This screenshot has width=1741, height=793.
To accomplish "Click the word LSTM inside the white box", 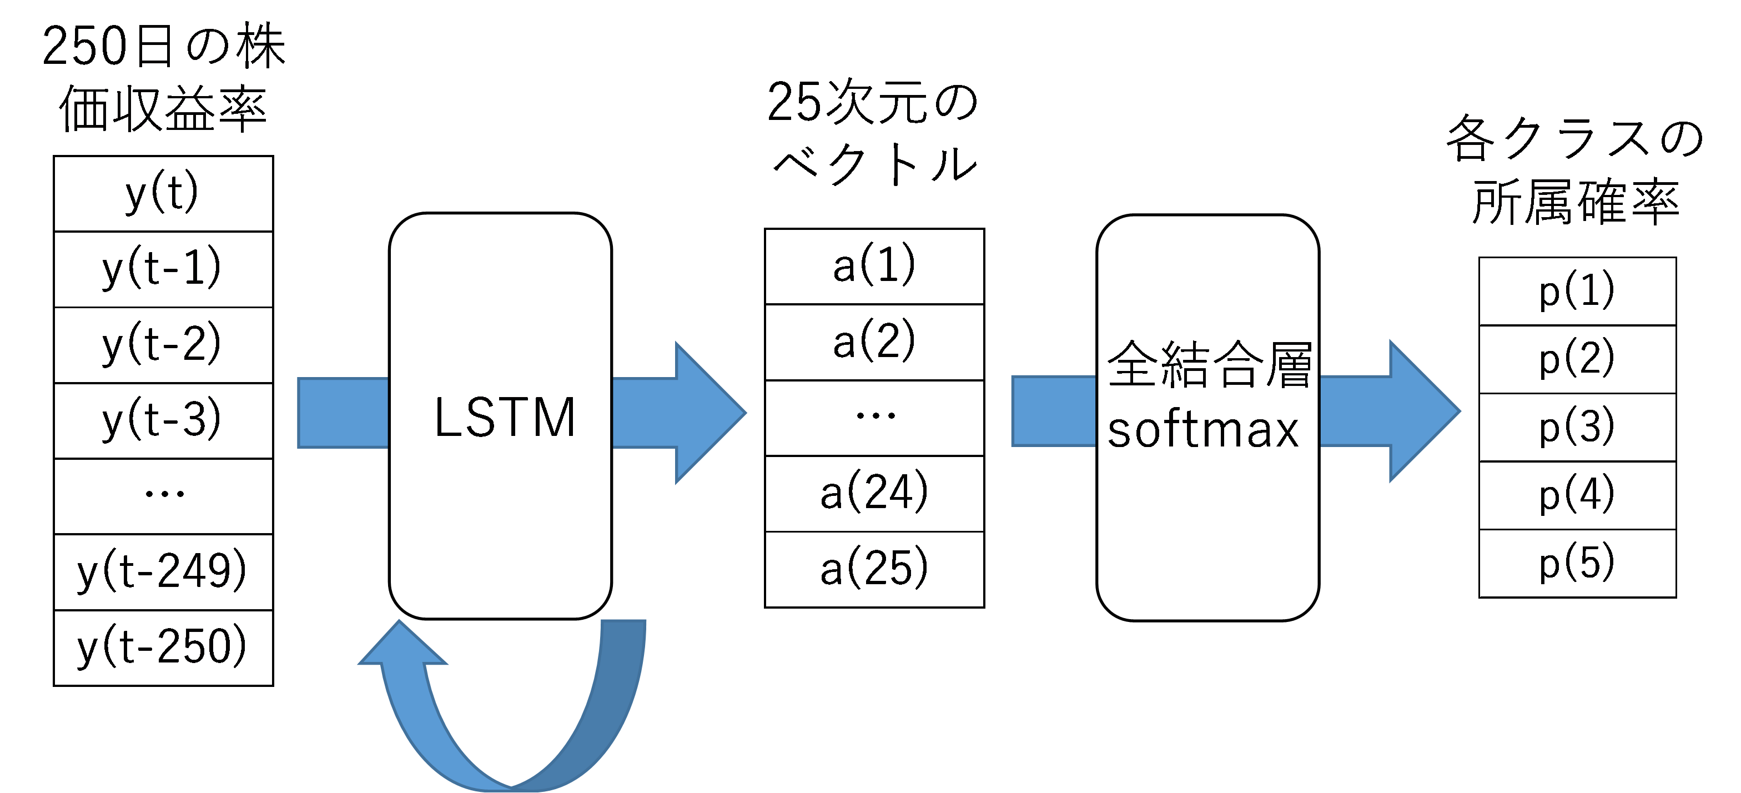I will click(x=504, y=417).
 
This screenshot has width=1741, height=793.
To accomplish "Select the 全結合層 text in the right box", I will click(x=1209, y=364).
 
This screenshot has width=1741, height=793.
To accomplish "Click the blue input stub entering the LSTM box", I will click(x=343, y=413).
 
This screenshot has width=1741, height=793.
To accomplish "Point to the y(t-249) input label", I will click(x=162, y=571).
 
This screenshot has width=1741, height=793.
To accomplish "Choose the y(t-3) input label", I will click(x=162, y=420).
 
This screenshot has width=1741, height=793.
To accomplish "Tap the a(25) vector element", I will click(x=873, y=568).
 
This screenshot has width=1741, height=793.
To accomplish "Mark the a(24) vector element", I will click(x=873, y=492).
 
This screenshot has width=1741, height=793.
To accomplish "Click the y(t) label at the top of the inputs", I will click(x=162, y=193).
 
